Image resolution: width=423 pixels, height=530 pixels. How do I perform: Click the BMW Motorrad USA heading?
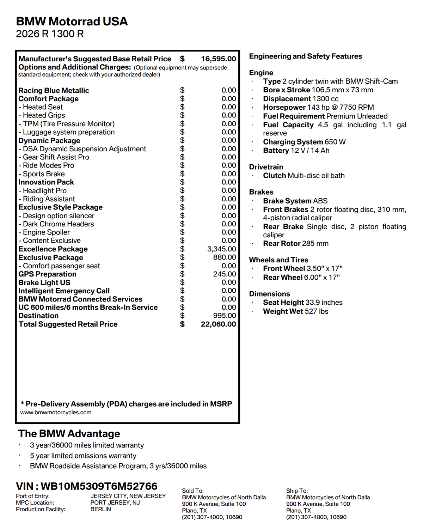pyautogui.click(x=72, y=22)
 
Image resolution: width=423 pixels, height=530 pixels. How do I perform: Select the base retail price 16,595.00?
pyautogui.click(x=219, y=59)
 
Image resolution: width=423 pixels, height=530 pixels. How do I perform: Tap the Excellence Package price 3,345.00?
pyautogui.click(x=221, y=249)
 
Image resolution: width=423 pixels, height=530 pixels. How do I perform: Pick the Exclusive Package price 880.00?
pyautogui.click(x=225, y=257)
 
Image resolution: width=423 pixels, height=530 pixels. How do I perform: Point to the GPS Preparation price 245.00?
pyautogui.click(x=225, y=274)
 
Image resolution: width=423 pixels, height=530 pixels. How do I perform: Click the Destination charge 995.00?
pyautogui.click(x=225, y=316)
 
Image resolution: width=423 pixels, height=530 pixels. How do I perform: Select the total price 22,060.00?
pyautogui.click(x=219, y=324)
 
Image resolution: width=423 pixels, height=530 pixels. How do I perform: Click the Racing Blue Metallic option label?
pyautogui.click(x=54, y=91)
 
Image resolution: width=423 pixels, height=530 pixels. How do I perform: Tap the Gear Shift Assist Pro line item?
pyautogui.click(x=56, y=157)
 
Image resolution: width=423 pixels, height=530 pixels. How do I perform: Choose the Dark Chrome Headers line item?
pyautogui.click(x=58, y=224)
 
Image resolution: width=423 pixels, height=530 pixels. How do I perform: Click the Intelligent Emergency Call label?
pyautogui.click(x=64, y=291)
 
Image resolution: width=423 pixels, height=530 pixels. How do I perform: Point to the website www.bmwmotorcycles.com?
pyautogui.click(x=56, y=413)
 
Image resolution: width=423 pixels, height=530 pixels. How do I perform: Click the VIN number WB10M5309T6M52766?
pyautogui.click(x=99, y=486)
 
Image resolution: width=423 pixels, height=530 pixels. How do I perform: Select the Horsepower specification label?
pyautogui.click(x=284, y=108)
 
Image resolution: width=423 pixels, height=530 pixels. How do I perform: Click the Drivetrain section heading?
pyautogui.click(x=266, y=167)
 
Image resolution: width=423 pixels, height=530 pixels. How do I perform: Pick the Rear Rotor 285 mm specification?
pyautogui.click(x=295, y=244)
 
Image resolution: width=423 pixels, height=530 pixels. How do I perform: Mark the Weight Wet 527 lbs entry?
pyautogui.click(x=295, y=311)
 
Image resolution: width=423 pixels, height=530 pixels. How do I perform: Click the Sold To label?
pyautogui.click(x=193, y=491)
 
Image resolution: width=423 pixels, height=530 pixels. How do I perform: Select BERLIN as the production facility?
pyautogui.click(x=101, y=509)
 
